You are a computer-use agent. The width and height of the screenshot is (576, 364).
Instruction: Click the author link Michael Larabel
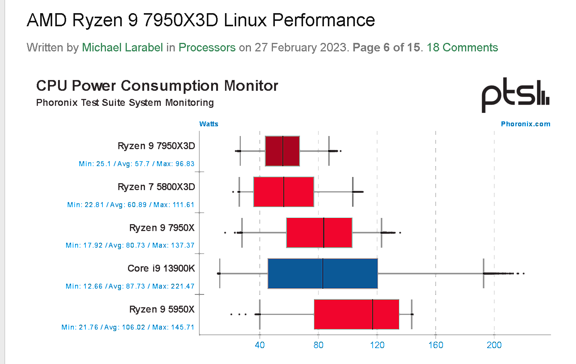[122, 48]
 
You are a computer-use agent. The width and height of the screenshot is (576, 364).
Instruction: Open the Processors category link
[207, 48]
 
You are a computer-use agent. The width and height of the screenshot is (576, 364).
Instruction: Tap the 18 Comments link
[462, 48]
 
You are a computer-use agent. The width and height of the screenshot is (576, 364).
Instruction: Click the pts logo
[515, 94]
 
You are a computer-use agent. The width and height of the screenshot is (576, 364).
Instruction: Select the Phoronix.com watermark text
[525, 124]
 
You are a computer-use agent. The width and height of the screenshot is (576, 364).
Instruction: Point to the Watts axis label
[209, 124]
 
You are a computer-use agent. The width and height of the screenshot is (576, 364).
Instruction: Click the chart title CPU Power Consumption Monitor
[157, 86]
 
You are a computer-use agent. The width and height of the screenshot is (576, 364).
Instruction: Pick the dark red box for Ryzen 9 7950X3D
[282, 151]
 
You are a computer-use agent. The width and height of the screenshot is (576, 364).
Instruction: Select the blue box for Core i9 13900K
[322, 274]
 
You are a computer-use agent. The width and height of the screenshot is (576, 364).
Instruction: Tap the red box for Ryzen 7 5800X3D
[283, 192]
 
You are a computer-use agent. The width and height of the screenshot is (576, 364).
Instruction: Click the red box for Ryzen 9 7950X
[319, 233]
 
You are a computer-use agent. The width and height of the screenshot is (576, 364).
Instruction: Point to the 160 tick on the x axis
[436, 345]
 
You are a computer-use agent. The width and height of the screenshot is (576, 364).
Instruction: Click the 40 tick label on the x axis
[260, 345]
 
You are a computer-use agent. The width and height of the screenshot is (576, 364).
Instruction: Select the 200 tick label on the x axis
[494, 345]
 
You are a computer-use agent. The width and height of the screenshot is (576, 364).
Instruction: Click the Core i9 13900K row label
[161, 269]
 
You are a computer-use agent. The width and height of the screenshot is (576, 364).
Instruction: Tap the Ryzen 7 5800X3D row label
[156, 187]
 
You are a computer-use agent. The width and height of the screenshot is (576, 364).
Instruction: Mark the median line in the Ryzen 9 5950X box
[373, 314]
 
